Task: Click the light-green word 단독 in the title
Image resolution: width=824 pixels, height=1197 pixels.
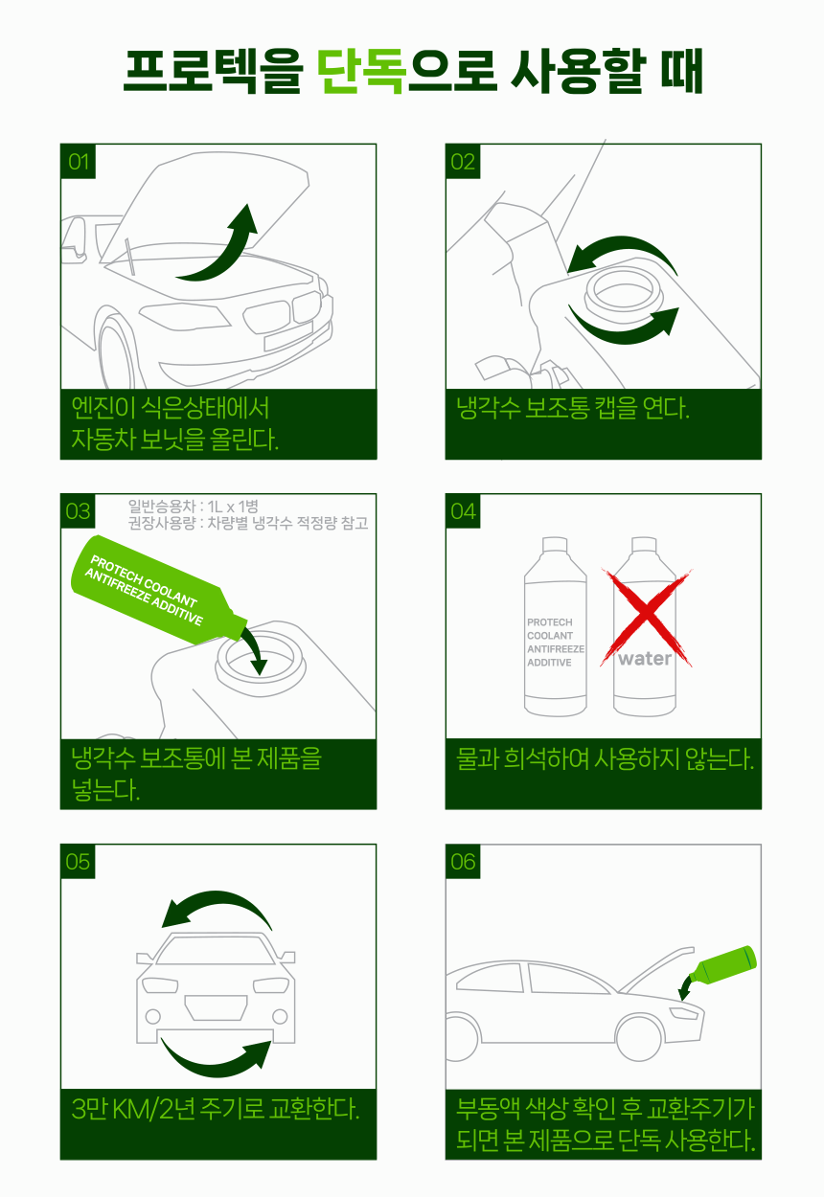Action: click(x=361, y=71)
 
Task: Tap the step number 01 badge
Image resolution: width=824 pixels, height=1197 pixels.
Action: click(x=78, y=162)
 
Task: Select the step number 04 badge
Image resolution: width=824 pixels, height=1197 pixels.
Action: click(x=463, y=511)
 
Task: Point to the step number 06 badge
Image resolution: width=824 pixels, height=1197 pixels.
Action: click(x=463, y=862)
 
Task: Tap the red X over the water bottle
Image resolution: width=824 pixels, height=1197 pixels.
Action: click(x=647, y=618)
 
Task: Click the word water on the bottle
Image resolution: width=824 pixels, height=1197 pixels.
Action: click(x=645, y=659)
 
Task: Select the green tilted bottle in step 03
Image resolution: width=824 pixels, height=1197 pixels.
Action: click(x=158, y=588)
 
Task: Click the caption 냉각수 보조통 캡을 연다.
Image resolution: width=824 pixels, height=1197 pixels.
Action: click(x=573, y=408)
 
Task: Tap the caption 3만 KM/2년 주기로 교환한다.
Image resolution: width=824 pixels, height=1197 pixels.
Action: click(x=216, y=1108)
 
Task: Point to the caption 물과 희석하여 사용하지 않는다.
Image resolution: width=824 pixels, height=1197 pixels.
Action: click(x=605, y=758)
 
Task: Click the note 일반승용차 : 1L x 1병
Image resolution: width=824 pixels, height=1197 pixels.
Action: click(x=193, y=506)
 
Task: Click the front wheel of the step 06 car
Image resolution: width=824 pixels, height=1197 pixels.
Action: click(x=639, y=1038)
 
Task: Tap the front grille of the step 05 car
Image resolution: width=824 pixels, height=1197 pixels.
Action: click(x=216, y=1007)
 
